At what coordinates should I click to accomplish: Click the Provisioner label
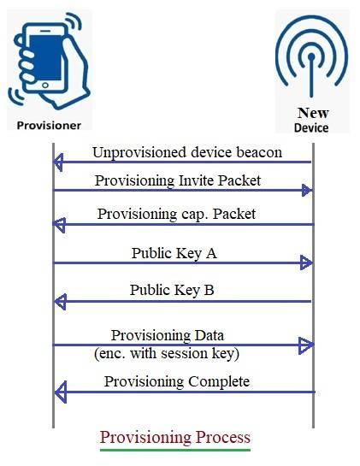(x=50, y=125)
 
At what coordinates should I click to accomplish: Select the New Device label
(x=311, y=120)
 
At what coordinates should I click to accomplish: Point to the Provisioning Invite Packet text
(x=178, y=180)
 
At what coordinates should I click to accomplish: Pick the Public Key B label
(x=172, y=290)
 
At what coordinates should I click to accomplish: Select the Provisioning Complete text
(x=177, y=381)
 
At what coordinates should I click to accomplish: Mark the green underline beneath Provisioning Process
(x=175, y=449)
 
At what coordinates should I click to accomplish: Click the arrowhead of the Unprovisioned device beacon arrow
(x=59, y=163)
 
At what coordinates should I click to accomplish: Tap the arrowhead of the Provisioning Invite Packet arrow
(x=307, y=192)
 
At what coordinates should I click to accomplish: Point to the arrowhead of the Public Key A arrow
(x=307, y=263)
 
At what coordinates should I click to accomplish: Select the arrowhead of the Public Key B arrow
(x=59, y=302)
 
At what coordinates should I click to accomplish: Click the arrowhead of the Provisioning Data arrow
(x=307, y=345)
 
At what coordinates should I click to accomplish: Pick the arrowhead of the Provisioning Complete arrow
(x=59, y=392)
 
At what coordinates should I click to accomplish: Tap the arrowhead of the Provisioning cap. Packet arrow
(x=59, y=225)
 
